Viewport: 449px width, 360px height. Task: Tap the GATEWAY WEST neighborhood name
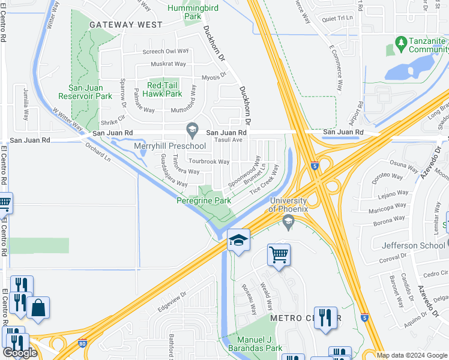125,25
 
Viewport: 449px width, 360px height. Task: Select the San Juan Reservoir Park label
85,91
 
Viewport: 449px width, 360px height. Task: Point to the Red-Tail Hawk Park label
157,89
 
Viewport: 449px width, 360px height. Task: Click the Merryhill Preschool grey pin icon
192,128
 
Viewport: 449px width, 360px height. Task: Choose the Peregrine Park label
203,200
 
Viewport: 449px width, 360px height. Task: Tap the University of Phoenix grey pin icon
288,223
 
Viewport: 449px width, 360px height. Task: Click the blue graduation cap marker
238,241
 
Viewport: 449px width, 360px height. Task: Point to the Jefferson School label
414,245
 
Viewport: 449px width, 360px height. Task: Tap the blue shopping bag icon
38,308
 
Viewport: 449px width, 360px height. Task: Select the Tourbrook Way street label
209,161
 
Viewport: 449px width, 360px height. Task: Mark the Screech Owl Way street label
165,52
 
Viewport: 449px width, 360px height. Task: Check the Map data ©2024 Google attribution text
412,355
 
